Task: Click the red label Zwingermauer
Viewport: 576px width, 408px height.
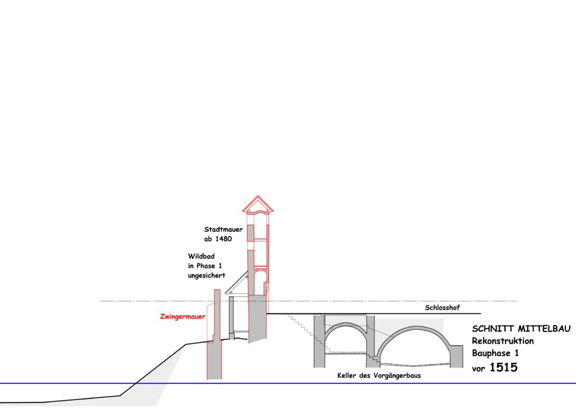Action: pyautogui.click(x=183, y=316)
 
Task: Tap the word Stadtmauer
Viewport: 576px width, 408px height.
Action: pyautogui.click(x=223, y=230)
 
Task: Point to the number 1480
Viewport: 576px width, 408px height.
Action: pyautogui.click(x=223, y=239)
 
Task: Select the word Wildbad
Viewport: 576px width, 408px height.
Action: pyautogui.click(x=201, y=256)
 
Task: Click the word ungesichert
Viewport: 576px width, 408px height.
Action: pyautogui.click(x=206, y=275)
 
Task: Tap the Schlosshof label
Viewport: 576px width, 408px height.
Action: pyautogui.click(x=442, y=308)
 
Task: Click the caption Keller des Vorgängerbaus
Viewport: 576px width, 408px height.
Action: pyautogui.click(x=379, y=376)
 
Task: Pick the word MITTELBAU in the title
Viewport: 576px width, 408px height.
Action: pyautogui.click(x=544, y=329)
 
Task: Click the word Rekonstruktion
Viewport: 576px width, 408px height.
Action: pyautogui.click(x=502, y=340)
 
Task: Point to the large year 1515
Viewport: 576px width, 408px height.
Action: pyautogui.click(x=503, y=367)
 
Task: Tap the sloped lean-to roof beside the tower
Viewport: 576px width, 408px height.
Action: pyautogui.click(x=236, y=283)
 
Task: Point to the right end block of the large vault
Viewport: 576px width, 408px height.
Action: pyautogui.click(x=457, y=356)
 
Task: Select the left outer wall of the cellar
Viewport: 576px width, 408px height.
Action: pyautogui.click(x=319, y=340)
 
